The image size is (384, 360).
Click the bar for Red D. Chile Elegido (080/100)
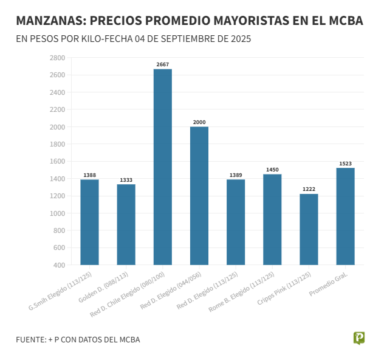(x=163, y=167)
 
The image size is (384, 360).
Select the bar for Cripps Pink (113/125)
(x=309, y=229)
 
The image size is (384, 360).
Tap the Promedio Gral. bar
(x=345, y=216)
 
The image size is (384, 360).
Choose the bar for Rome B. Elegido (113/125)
(x=272, y=220)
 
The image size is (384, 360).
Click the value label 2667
(x=163, y=64)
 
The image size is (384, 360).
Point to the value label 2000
(x=199, y=122)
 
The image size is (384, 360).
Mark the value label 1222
(x=309, y=189)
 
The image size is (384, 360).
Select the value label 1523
(x=345, y=164)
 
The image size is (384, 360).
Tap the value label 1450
(x=272, y=170)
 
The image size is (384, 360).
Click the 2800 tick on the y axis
(x=57, y=58)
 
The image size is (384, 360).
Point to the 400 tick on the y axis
(x=59, y=265)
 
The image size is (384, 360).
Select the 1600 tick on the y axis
(x=57, y=161)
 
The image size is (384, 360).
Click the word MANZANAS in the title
(x=48, y=21)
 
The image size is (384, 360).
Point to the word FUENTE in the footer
(x=30, y=339)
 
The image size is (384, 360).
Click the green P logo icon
(x=358, y=338)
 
